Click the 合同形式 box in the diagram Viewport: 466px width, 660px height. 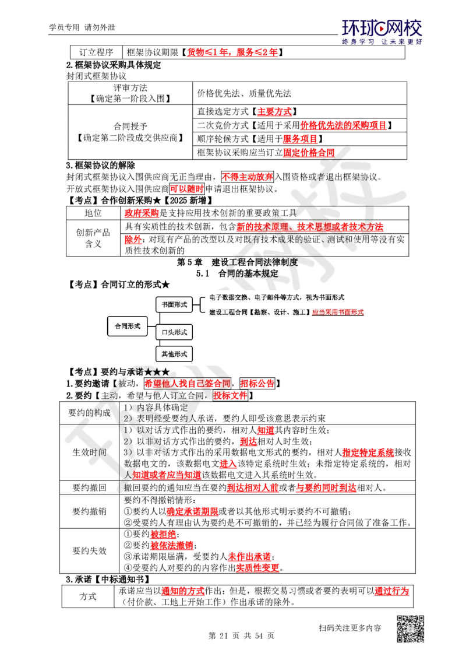[x=127, y=327]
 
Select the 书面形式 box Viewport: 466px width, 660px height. [x=174, y=304]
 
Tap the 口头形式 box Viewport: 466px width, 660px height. [x=174, y=332]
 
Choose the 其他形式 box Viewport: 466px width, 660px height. [x=174, y=354]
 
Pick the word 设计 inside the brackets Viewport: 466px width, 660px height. [x=284, y=313]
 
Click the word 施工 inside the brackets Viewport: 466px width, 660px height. [x=301, y=313]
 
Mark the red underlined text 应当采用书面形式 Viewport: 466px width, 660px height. [x=338, y=313]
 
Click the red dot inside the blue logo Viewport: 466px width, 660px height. [x=382, y=27]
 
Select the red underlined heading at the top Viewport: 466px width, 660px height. [x=232, y=52]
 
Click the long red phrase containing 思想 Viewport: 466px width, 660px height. [x=310, y=226]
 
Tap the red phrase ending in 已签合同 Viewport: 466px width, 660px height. [x=188, y=384]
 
